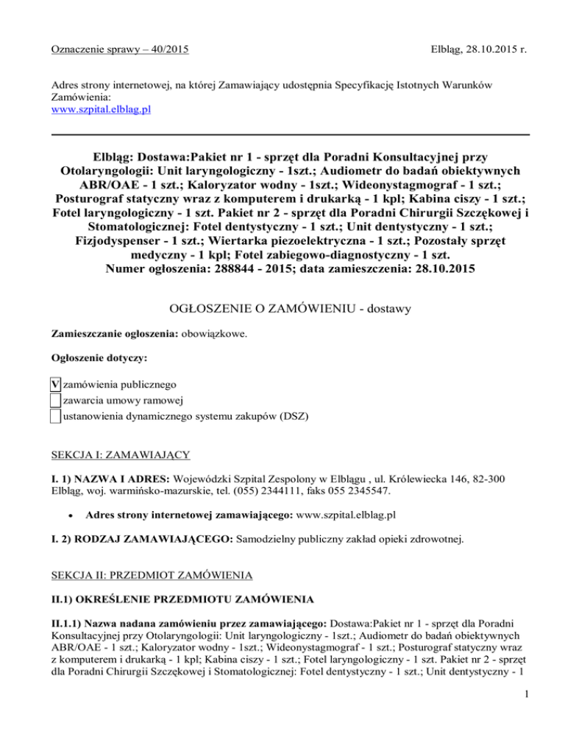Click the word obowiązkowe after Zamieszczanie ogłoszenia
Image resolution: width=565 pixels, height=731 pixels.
click(213, 333)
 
